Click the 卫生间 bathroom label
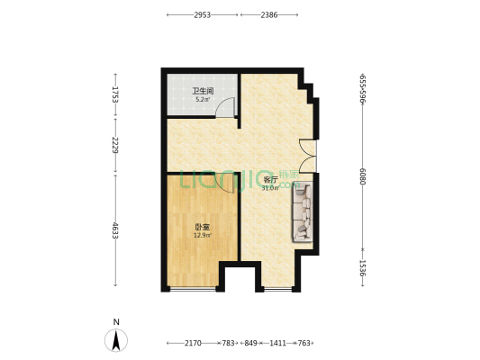(x=202, y=90)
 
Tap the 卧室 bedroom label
(x=202, y=227)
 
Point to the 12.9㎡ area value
(x=202, y=236)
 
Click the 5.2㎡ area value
(x=202, y=99)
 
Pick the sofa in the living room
(x=302, y=212)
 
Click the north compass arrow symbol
(x=115, y=339)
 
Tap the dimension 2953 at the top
(x=203, y=15)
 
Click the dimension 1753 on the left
(x=115, y=94)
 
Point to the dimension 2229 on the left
(x=115, y=144)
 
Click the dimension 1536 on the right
(x=363, y=268)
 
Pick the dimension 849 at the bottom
(x=251, y=343)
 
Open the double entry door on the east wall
(x=309, y=156)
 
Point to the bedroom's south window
(x=193, y=290)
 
